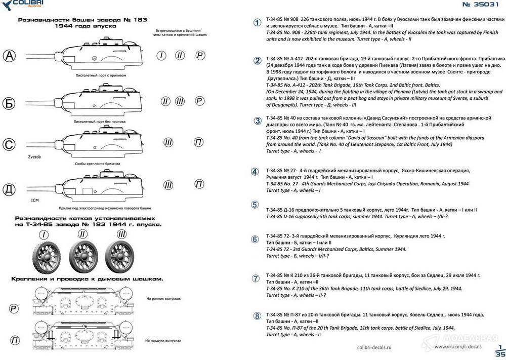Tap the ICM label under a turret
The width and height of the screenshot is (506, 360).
[34, 201]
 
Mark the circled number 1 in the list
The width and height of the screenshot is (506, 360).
[257, 23]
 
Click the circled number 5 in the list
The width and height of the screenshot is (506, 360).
[256, 205]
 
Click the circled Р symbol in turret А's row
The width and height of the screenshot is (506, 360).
[200, 56]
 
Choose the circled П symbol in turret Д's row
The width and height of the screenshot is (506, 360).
[199, 184]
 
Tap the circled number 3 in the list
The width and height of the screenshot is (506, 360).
[257, 121]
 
